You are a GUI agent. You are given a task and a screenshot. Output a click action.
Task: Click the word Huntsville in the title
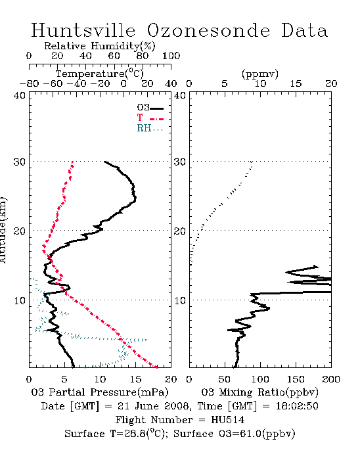pyautogui.click(x=83, y=30)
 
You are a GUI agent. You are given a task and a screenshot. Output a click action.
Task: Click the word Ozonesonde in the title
pyautogui.click(x=208, y=30)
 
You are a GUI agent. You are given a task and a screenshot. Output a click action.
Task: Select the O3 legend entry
pyautogui.click(x=150, y=108)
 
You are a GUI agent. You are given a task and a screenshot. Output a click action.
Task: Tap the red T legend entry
pyautogui.click(x=150, y=118)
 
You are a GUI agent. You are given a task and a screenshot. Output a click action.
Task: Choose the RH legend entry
pyautogui.click(x=150, y=128)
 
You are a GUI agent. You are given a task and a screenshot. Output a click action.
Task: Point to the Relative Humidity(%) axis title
pyautogui.click(x=100, y=47)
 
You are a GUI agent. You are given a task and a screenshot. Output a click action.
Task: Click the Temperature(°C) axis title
pyautogui.click(x=100, y=74)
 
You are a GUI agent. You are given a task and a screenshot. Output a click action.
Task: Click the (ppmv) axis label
pyautogui.click(x=260, y=74)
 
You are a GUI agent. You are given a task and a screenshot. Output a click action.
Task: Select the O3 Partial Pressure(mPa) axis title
pyautogui.click(x=100, y=392)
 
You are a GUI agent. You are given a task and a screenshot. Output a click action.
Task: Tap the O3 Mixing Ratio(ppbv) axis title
pyautogui.click(x=259, y=392)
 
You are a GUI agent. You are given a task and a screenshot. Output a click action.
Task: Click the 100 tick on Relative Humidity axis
pyautogui.click(x=171, y=56)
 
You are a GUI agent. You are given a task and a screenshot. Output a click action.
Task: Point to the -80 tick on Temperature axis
pyautogui.click(x=29, y=84)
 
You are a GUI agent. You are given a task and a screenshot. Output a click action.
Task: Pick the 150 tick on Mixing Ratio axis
pyautogui.click(x=296, y=379)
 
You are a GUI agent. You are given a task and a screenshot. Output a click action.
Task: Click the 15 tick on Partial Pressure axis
pyautogui.click(x=135, y=379)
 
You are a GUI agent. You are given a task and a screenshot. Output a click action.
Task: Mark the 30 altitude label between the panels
pyautogui.click(x=179, y=162)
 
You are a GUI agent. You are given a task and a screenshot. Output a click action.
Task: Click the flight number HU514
pyautogui.click(x=227, y=420)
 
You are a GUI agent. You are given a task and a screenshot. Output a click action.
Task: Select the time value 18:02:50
pyautogui.click(x=297, y=406)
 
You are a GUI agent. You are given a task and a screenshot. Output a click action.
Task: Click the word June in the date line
pyautogui.click(x=147, y=406)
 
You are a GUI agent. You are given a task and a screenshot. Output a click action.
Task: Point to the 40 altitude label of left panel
pyautogui.click(x=19, y=96)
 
